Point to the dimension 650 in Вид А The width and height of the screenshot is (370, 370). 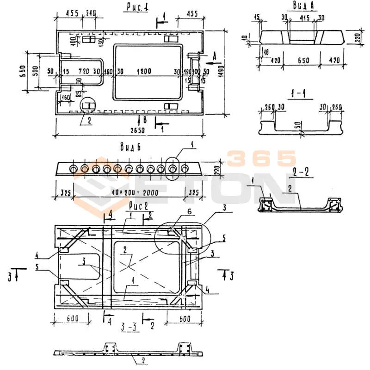[x=301, y=60]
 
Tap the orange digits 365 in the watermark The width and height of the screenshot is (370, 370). [x=261, y=159]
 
